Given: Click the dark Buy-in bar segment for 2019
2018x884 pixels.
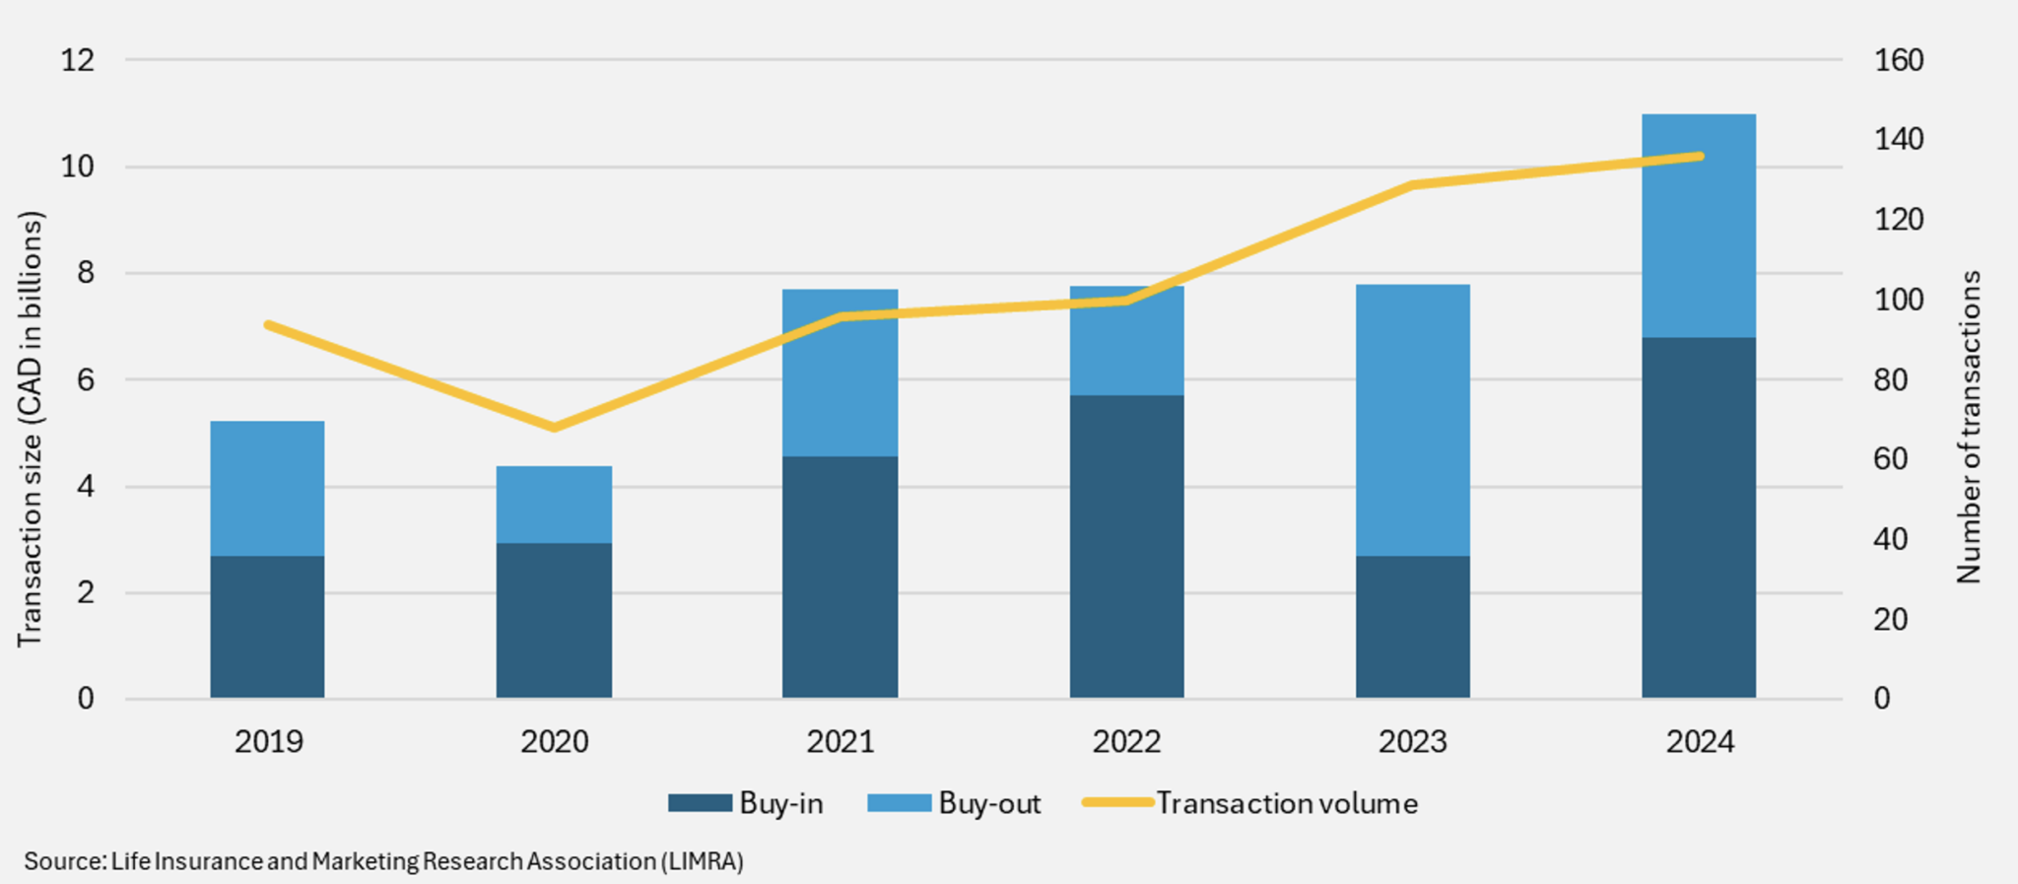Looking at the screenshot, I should (267, 627).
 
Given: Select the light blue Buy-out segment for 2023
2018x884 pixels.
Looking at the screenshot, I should (1412, 420).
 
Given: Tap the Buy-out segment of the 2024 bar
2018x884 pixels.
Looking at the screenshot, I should (1698, 226).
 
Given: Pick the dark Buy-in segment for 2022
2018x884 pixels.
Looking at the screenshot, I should (1126, 546).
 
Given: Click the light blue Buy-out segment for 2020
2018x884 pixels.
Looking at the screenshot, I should (554, 505).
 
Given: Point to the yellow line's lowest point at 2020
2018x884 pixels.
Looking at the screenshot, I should (554, 427).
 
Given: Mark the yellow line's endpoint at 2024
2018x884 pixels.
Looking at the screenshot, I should (1699, 156).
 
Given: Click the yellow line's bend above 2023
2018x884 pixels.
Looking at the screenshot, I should (1412, 184).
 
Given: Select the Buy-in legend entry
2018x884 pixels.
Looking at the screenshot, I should (746, 803).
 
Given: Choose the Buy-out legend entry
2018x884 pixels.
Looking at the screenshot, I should (954, 803).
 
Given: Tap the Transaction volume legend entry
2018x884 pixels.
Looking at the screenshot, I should (1249, 803).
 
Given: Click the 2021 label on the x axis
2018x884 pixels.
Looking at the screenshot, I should (841, 741).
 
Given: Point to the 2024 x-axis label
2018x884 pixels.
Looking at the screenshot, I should (1699, 741).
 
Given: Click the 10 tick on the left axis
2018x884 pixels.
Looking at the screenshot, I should (78, 167).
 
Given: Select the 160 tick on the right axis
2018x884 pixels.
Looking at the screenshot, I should (1898, 60).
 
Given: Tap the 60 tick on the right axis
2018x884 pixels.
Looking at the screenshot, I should (1890, 459).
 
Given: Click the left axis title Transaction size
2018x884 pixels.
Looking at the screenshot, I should (31, 429).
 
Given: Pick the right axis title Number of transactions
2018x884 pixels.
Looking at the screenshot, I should (1968, 427).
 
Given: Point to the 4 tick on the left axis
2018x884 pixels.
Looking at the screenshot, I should (86, 486).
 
